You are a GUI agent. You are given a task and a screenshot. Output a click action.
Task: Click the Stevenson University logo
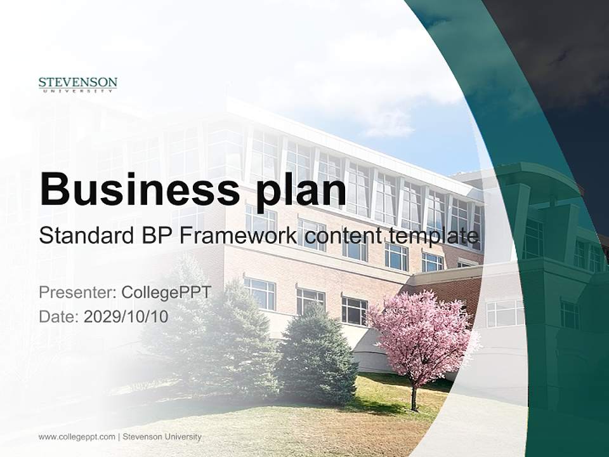point(77,84)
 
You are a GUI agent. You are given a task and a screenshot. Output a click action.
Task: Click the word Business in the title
point(140,189)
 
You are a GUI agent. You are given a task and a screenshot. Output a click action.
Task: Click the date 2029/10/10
point(126,317)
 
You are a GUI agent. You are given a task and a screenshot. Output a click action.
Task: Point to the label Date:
point(59,317)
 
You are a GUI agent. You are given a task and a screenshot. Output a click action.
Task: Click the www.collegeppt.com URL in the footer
point(77,437)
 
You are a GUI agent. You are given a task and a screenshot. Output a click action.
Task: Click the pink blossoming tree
point(422,333)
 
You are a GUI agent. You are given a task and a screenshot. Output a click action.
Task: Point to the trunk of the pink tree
point(414,397)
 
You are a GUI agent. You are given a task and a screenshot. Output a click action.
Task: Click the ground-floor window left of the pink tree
point(354,310)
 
